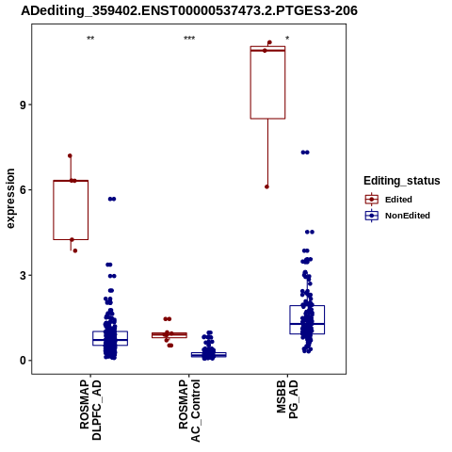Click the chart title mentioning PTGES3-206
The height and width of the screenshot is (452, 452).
[x=189, y=11]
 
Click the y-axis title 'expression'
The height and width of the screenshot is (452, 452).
[x=10, y=199]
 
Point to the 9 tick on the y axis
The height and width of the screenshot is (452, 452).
[x=23, y=105]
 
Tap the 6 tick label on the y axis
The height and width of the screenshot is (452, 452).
[x=23, y=190]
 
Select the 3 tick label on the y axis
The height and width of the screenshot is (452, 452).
[x=23, y=276]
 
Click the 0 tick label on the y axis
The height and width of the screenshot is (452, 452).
[x=23, y=361]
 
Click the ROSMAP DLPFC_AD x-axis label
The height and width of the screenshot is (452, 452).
[x=90, y=411]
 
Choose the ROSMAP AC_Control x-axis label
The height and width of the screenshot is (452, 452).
[x=189, y=411]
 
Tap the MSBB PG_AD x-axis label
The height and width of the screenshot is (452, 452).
[x=287, y=399]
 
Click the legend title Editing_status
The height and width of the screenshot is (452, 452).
[x=402, y=181]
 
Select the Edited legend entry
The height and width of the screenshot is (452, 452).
[x=389, y=200]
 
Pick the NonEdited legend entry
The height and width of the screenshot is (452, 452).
[x=397, y=216]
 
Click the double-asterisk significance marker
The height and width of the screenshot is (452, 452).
[x=90, y=39]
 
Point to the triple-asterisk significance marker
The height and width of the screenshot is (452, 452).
[x=189, y=39]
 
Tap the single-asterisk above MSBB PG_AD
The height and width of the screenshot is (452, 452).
[x=287, y=39]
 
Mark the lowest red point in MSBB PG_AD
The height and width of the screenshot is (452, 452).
[x=266, y=186]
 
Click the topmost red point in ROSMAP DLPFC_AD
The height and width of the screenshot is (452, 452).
[x=70, y=155]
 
